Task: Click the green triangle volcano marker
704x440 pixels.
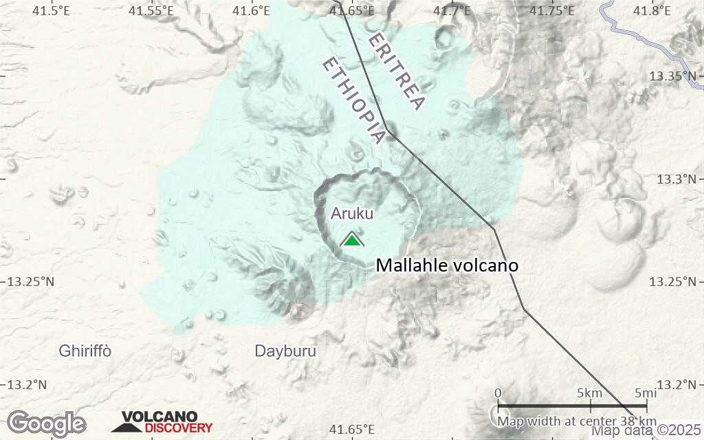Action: (x=351, y=239)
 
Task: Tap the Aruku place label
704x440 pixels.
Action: (x=352, y=213)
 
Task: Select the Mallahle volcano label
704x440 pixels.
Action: (x=446, y=265)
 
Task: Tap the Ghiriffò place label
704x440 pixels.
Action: (x=85, y=351)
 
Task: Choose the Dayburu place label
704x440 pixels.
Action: (x=285, y=351)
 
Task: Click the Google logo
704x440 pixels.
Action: (x=46, y=423)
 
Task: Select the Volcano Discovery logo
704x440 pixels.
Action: (x=162, y=422)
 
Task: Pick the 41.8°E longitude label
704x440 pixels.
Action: (x=651, y=10)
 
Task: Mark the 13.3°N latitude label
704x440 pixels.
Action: (x=678, y=179)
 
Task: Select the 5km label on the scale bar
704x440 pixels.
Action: (x=590, y=393)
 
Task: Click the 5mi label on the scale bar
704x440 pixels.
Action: (x=645, y=393)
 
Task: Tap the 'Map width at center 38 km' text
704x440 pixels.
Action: (x=577, y=421)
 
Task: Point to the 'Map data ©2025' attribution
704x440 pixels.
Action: (x=647, y=430)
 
